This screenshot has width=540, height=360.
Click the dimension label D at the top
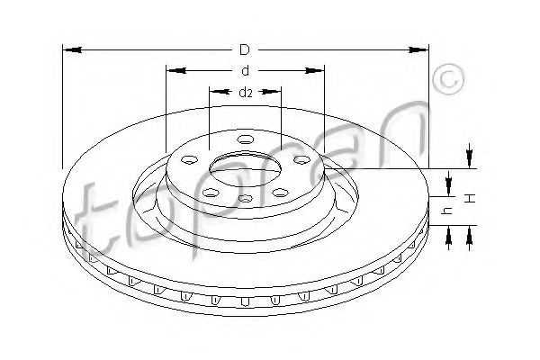pyautogui.click(x=244, y=50)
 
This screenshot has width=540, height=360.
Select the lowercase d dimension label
pyautogui.click(x=245, y=70)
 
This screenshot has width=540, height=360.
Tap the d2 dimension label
pyautogui.click(x=246, y=93)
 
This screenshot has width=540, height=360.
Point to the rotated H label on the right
pyautogui.click(x=471, y=198)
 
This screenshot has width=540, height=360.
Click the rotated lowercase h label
pyautogui.click(x=447, y=210)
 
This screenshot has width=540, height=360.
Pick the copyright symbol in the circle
pyautogui.click(x=448, y=79)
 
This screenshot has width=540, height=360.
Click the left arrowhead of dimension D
pyautogui.click(x=73, y=50)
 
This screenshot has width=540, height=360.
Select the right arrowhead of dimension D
pyautogui.click(x=418, y=50)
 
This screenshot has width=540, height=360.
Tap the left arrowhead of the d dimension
pyautogui.click(x=177, y=70)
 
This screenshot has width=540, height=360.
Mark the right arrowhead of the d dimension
pyautogui.click(x=314, y=70)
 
